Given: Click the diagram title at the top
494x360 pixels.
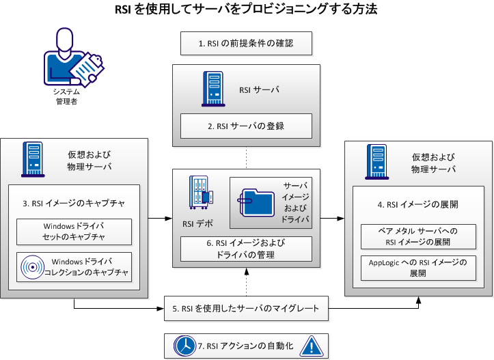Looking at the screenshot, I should (x=247, y=10).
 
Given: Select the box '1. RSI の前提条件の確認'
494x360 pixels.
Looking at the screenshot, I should (x=246, y=44).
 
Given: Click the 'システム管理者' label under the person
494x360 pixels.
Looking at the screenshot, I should (x=66, y=96).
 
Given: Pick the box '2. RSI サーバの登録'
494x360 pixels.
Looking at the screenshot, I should (x=246, y=126).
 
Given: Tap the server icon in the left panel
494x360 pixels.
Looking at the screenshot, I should (x=32, y=158).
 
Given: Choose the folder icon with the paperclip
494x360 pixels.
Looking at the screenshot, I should (x=256, y=203).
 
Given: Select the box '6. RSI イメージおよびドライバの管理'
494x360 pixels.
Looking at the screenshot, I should (x=246, y=249).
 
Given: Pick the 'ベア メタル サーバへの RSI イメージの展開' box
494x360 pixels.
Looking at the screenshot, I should (x=418, y=237).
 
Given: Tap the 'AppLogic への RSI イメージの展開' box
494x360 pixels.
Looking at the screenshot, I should (x=418, y=267).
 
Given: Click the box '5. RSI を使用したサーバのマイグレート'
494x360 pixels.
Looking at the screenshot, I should (x=246, y=308).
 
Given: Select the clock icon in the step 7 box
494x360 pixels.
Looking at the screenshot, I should (x=184, y=346).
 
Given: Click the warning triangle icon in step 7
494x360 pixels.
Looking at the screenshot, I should (x=310, y=345).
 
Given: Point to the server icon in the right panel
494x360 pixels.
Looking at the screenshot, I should (x=374, y=158).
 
